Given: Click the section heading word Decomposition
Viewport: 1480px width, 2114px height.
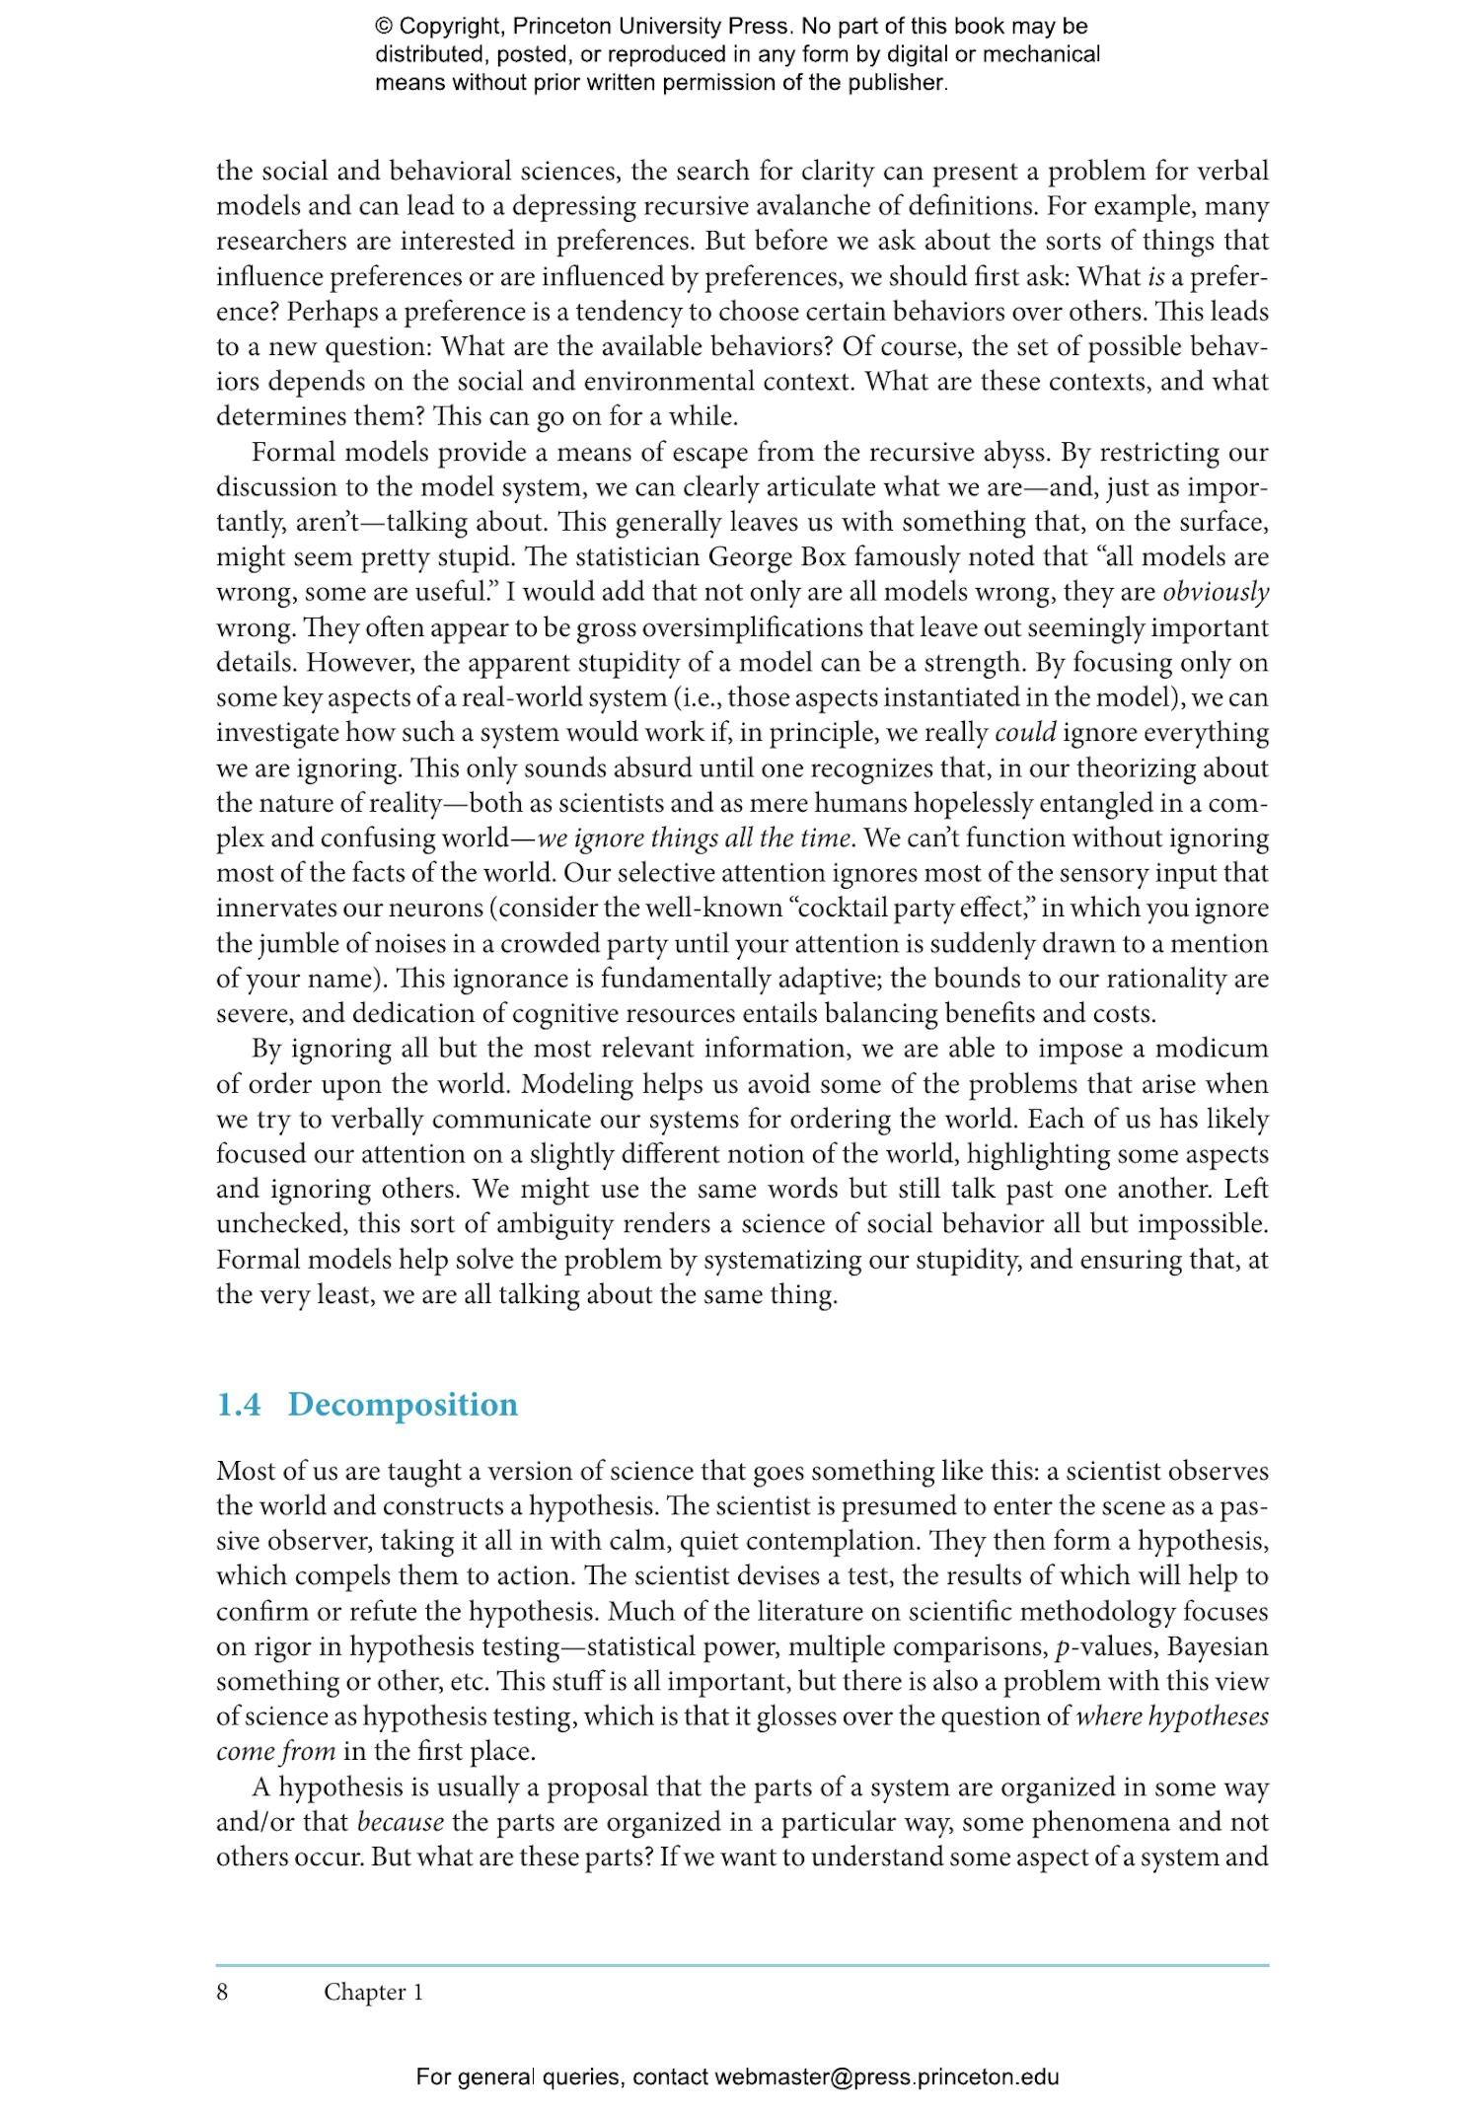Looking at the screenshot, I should click(x=402, y=1404).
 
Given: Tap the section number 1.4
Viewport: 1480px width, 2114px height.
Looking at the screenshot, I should click(x=238, y=1404).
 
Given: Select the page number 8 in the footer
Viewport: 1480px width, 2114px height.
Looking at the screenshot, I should click(x=222, y=1992).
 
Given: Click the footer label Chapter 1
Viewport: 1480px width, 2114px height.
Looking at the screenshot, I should click(x=373, y=1992).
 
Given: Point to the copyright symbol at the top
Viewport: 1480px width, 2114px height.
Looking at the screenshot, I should click(x=385, y=27).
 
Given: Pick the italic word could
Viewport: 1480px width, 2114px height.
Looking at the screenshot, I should click(x=1025, y=733).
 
